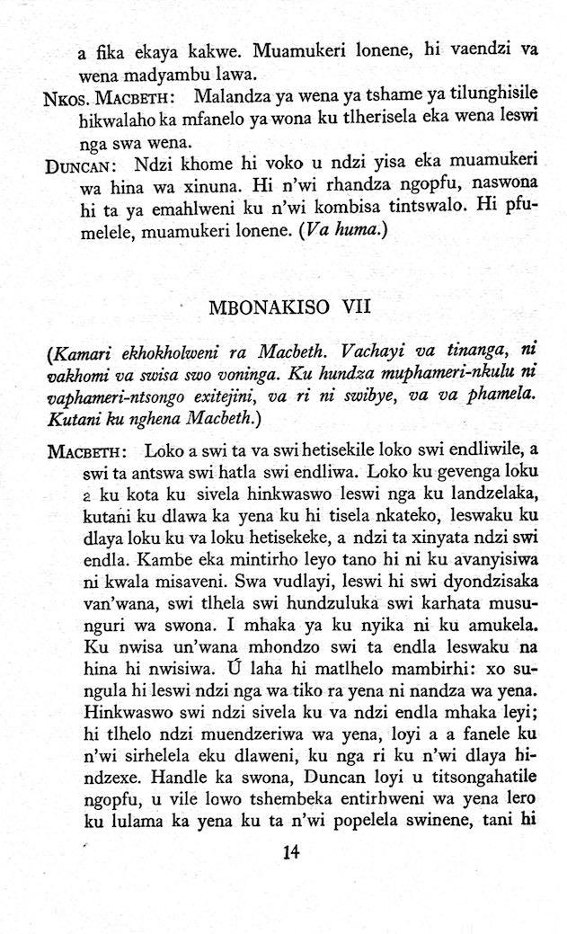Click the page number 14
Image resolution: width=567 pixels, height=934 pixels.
(290, 853)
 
